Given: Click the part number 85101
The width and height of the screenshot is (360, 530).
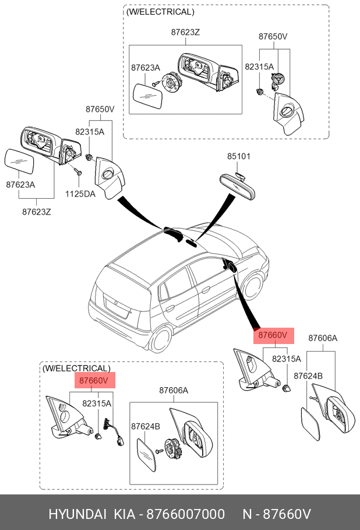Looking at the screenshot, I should click(x=239, y=156).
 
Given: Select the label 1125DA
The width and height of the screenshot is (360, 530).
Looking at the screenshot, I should click(x=80, y=194).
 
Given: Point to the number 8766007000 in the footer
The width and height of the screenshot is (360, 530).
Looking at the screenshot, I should click(x=185, y=514).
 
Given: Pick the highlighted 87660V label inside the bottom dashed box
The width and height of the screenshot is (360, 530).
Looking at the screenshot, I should click(x=94, y=381).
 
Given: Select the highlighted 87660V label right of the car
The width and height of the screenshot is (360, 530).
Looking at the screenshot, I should click(x=273, y=335).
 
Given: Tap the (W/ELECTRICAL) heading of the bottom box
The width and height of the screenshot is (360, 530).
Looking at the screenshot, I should click(x=76, y=368).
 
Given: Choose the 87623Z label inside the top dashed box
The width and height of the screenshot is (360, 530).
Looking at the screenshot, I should click(x=185, y=33).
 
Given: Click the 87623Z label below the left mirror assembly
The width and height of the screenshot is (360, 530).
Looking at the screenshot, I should click(x=37, y=212).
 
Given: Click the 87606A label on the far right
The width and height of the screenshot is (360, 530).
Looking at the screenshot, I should click(x=323, y=338).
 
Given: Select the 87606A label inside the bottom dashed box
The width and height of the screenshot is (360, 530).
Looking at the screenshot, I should click(x=174, y=391).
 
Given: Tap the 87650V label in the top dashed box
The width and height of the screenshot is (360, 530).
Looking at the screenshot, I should click(x=273, y=36).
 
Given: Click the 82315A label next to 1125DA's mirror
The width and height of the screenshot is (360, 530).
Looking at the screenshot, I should click(x=90, y=132).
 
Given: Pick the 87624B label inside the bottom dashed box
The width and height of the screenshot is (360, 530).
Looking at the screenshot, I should click(x=145, y=426).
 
